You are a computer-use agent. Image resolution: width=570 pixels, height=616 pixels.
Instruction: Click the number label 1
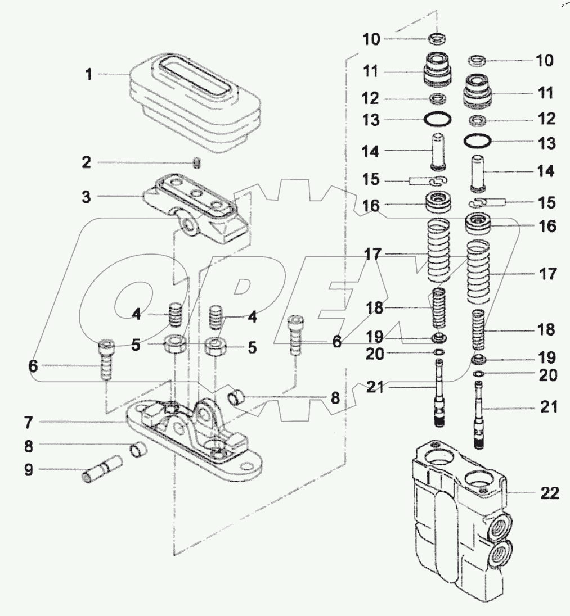[88, 75]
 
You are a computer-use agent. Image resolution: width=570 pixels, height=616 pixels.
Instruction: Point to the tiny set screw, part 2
[198, 164]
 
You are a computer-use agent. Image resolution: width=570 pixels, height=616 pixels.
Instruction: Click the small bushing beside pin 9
[138, 450]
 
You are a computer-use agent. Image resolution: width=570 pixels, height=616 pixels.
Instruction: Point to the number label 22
[550, 493]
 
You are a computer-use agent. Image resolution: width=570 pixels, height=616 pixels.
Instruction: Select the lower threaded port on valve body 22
[497, 554]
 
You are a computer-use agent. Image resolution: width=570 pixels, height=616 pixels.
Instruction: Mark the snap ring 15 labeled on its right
[477, 202]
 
